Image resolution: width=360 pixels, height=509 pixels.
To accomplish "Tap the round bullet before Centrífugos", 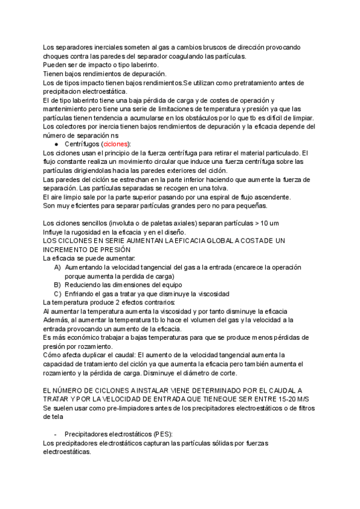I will [56, 145].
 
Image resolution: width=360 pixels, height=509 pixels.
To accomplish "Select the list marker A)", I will [58, 267].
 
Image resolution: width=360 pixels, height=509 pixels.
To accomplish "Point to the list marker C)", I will [58, 294].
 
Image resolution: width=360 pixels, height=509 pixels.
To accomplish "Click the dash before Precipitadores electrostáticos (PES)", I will [55, 434].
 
